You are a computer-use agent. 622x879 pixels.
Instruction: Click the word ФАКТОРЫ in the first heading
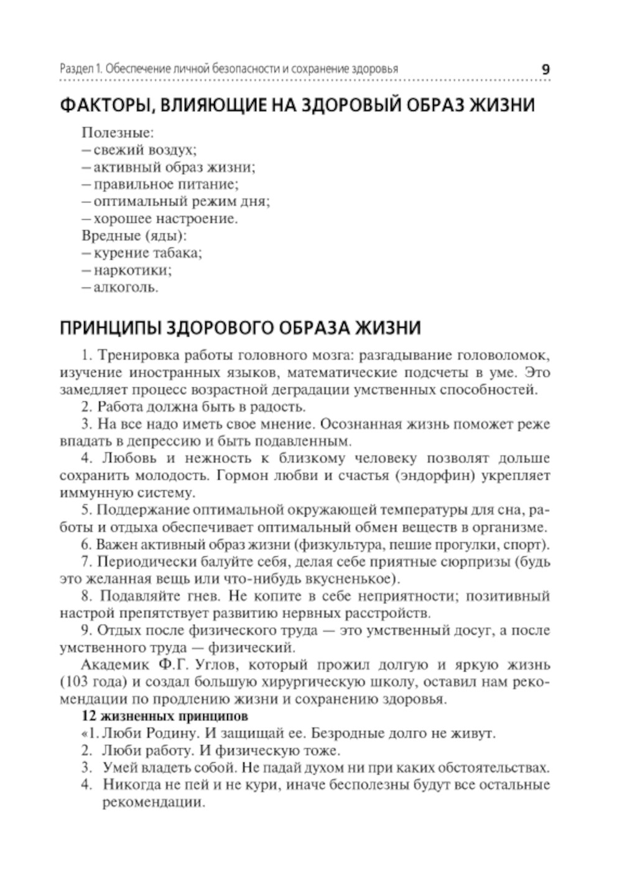pyautogui.click(x=100, y=105)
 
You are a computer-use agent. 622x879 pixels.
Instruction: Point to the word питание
pyautogui.click(x=215, y=185)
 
